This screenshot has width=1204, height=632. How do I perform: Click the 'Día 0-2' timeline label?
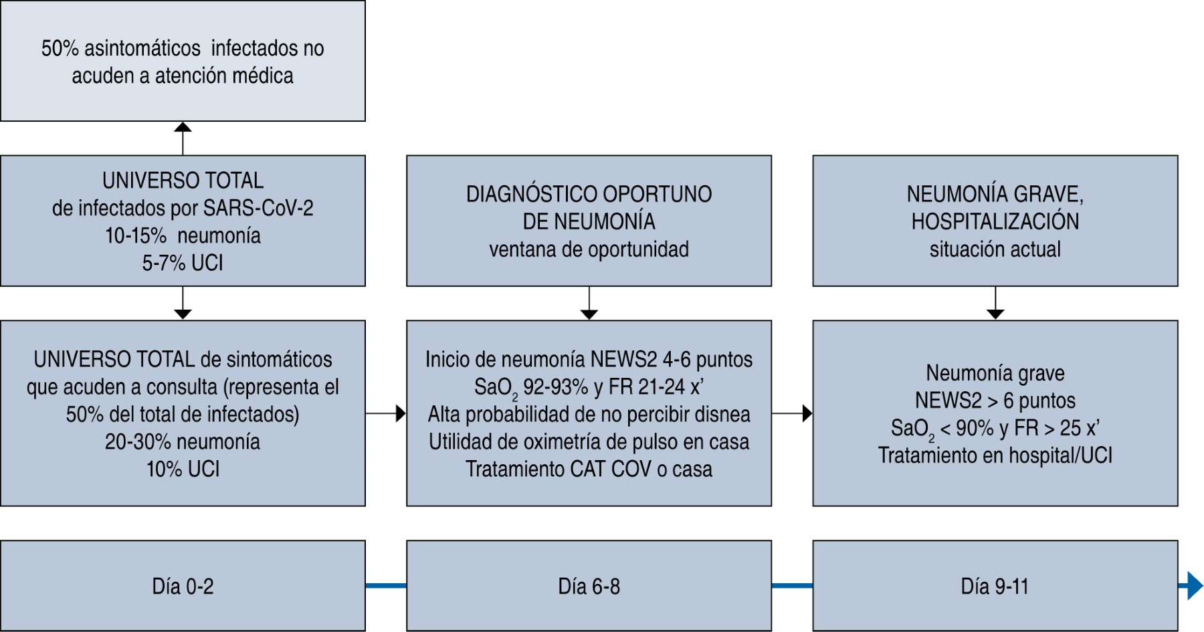point(183,587)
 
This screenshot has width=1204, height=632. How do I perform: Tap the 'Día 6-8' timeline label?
point(589,587)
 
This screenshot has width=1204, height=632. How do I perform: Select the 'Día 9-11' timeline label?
point(995,587)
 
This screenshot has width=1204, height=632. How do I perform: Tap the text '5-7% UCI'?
point(183,263)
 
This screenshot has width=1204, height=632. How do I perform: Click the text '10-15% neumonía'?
point(183,235)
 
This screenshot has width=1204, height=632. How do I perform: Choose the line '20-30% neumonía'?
point(183,441)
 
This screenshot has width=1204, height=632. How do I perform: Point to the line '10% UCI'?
point(183,469)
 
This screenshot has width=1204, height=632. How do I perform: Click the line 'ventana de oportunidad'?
point(589,249)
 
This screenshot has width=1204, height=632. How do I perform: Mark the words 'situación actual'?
point(995,249)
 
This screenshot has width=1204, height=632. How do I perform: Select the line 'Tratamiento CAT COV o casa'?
point(589,469)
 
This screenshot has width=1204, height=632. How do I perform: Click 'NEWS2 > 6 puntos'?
point(995,401)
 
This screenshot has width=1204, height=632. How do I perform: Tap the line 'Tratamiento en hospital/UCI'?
point(995,455)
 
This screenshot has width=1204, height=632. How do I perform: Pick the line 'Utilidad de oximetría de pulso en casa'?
point(589,441)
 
